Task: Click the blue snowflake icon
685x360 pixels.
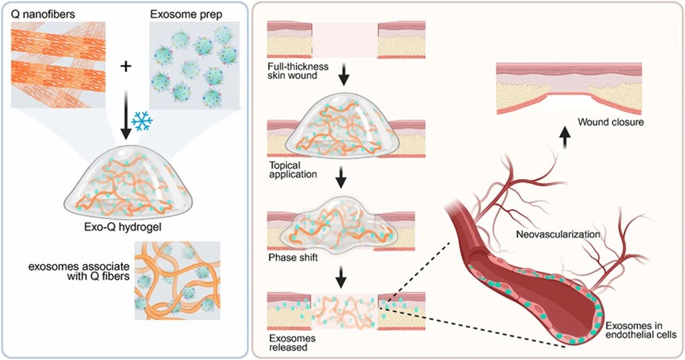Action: click(142, 122)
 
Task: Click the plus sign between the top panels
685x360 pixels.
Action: click(127, 66)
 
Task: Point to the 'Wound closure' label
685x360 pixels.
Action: click(611, 122)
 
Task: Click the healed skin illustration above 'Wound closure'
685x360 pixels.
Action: click(568, 88)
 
